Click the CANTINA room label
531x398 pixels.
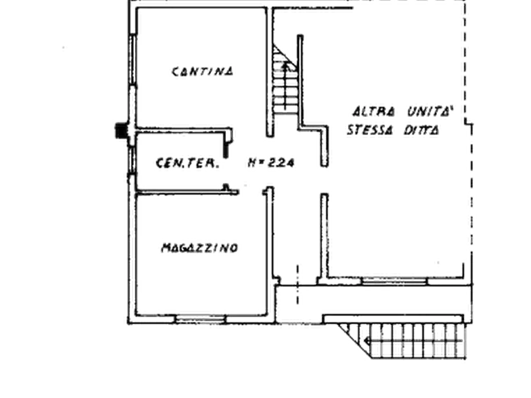pos(203,71)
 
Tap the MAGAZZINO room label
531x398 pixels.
pos(200,248)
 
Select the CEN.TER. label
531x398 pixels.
pos(187,163)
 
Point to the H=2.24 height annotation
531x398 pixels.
pos(271,163)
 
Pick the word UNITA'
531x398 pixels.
pos(430,111)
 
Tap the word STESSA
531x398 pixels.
pos(370,130)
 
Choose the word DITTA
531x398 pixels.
pos(421,130)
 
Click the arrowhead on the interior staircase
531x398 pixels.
pos(285,66)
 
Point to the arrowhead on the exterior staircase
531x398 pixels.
pos(367,341)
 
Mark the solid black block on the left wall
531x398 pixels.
pos(121,131)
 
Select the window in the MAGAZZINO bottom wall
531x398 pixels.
pos(200,318)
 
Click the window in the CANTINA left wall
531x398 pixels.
pos(133,59)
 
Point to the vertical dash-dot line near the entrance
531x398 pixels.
pos(298,285)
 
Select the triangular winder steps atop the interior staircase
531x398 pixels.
pos(284,58)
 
